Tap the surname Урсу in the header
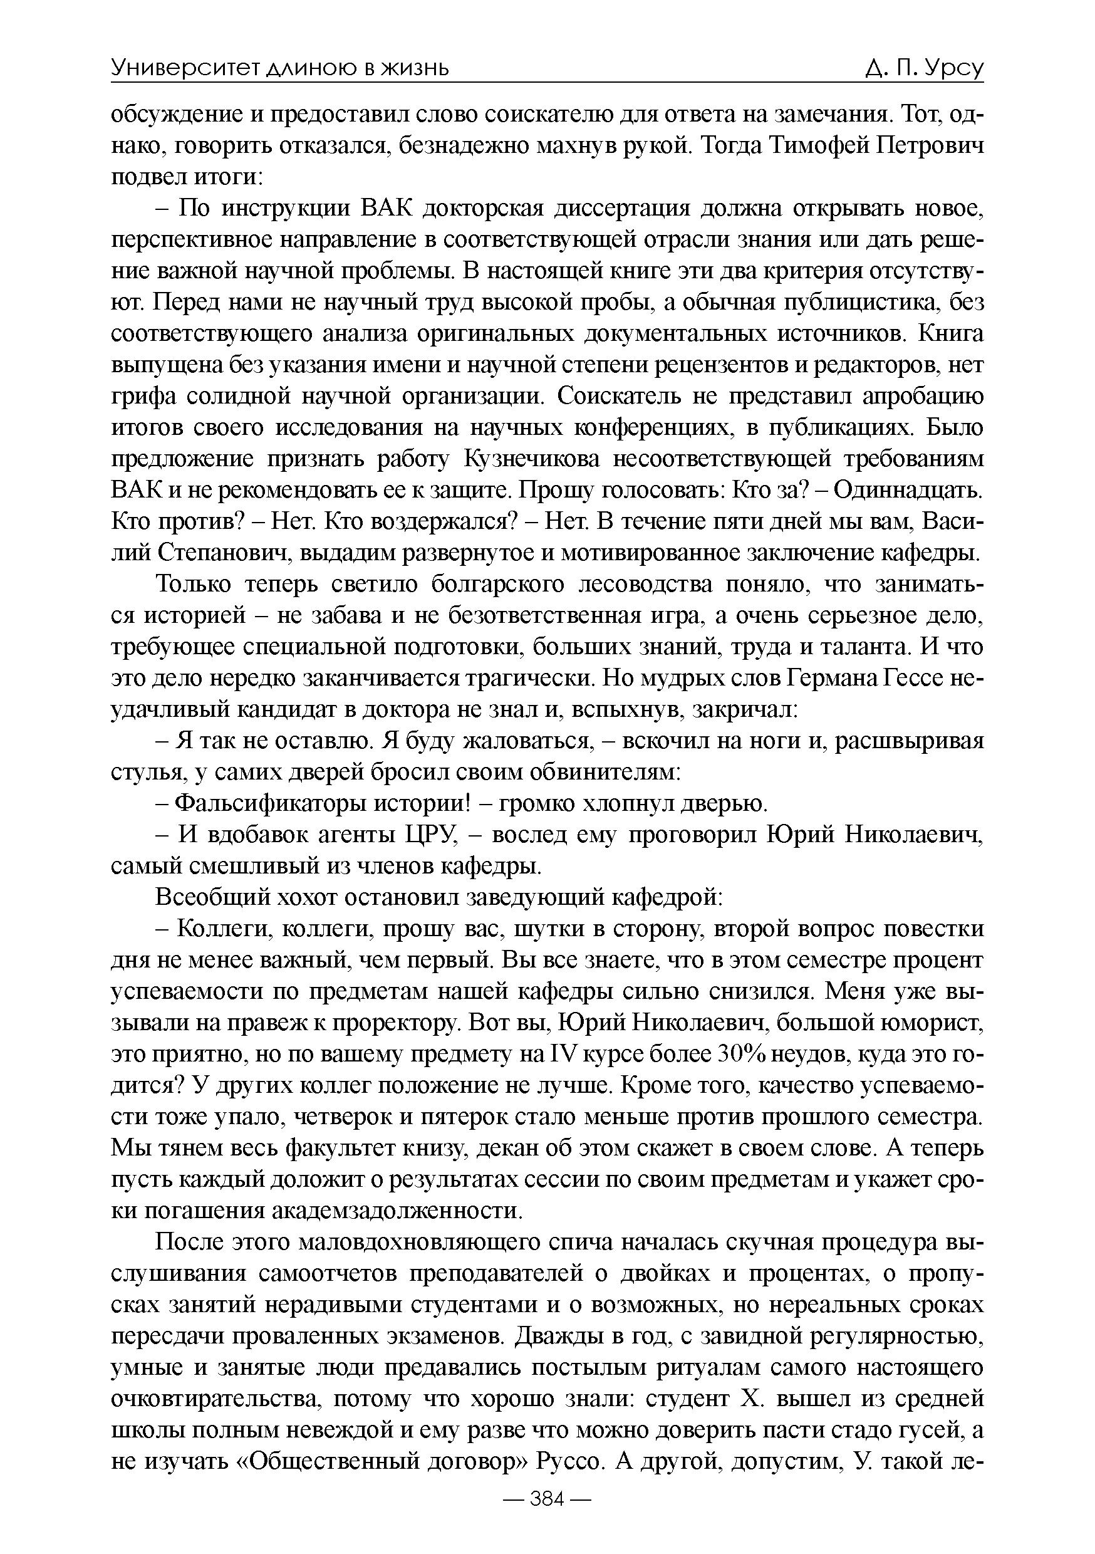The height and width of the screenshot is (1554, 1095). click(x=953, y=68)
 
